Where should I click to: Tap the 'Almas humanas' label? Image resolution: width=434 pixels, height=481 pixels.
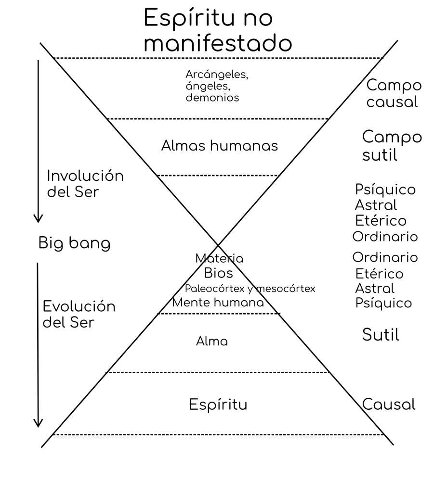tap(219, 146)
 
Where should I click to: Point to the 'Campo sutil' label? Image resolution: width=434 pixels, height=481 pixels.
tap(392, 146)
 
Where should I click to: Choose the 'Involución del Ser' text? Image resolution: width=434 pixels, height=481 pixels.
tap(85, 183)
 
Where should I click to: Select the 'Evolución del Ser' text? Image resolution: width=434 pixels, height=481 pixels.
tap(79, 314)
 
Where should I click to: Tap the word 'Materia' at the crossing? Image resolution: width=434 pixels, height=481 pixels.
tap(219, 259)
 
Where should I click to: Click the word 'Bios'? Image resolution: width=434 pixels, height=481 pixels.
tap(218, 274)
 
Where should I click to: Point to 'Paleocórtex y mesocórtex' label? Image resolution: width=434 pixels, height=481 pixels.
tap(250, 289)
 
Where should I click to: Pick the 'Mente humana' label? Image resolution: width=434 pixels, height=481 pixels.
tap(218, 303)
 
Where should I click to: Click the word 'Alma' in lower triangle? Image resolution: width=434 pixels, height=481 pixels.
tap(211, 342)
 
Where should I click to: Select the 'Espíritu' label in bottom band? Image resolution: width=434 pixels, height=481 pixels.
tap(218, 405)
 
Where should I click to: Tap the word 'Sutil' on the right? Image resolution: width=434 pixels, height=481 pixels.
tap(381, 335)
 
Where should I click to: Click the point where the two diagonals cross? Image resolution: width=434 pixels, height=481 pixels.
tap(218, 245)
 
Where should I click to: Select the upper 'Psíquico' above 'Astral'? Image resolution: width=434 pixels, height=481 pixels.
tap(385, 189)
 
